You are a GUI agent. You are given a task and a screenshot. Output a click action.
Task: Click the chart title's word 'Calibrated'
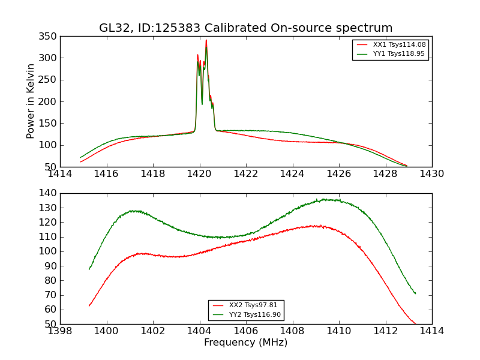[x=235, y=28]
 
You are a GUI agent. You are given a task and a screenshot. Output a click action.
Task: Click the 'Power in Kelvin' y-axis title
[x=31, y=101]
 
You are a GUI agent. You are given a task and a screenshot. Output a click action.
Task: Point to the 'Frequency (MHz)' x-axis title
[x=246, y=343]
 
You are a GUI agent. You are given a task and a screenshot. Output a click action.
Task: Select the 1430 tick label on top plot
[x=431, y=174]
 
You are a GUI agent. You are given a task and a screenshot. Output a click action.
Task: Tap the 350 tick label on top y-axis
[x=49, y=37]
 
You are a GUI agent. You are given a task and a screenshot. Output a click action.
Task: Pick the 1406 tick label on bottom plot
[x=246, y=331]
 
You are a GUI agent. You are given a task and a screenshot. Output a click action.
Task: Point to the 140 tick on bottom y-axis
[x=49, y=193]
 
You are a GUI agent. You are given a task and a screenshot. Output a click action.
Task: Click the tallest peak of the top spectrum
[x=206, y=41]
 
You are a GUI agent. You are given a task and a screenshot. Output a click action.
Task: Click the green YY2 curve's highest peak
[x=325, y=199]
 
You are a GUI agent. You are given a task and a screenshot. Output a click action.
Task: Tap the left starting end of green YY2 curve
[x=89, y=269]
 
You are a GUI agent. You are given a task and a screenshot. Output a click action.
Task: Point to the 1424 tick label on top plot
[x=292, y=174]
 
